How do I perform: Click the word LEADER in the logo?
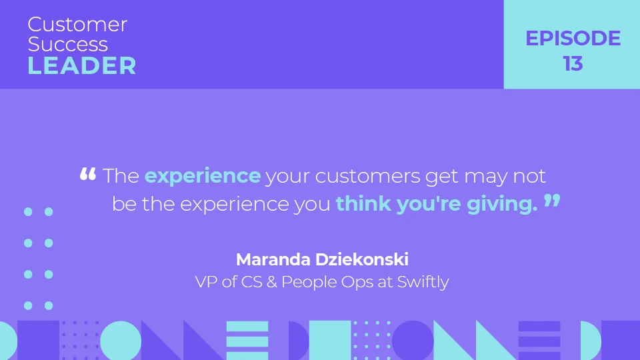tap(82, 66)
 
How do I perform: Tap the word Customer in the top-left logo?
tap(77, 25)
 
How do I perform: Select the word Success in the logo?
tap(67, 45)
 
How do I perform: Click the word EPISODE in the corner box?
tap(573, 39)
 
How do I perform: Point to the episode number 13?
tap(573, 64)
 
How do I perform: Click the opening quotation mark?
tap(88, 175)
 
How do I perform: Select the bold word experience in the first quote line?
tap(203, 176)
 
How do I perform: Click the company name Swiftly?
tap(423, 282)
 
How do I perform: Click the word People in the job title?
tap(304, 282)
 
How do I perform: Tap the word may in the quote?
tap(485, 177)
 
